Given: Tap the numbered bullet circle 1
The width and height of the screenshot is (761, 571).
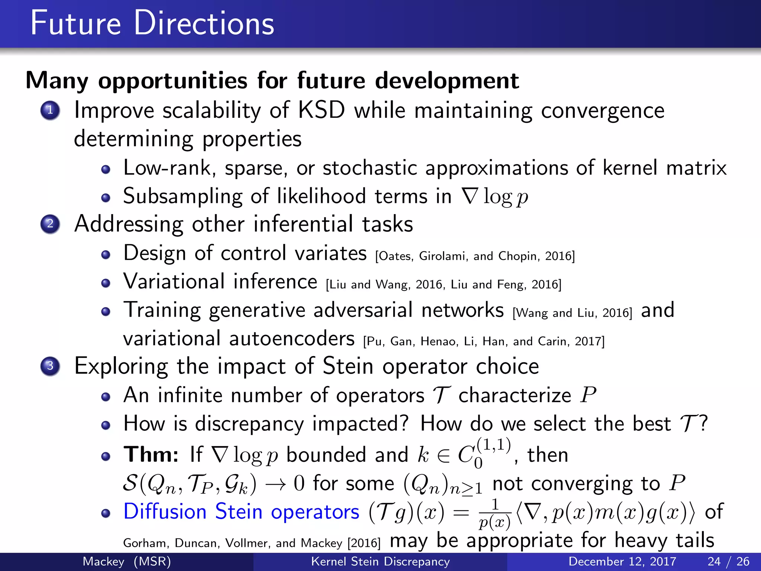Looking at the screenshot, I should point(50,110).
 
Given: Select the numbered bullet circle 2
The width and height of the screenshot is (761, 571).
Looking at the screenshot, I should point(50,224).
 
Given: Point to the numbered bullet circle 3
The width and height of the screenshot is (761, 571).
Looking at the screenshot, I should point(50,366).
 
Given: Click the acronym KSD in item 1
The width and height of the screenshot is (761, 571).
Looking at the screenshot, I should point(322,110).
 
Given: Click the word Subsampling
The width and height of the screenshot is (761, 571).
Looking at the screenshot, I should point(182,197).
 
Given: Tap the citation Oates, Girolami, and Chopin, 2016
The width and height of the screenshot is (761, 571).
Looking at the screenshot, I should point(475,256).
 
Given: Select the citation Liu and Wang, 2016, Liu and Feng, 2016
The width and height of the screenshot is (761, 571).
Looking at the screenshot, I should point(444,285).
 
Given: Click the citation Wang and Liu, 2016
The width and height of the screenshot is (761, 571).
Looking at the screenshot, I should point(572,313).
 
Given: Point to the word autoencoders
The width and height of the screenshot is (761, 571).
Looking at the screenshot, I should point(292,339).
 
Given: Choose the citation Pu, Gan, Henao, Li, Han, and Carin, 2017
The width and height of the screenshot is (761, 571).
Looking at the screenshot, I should point(484,341).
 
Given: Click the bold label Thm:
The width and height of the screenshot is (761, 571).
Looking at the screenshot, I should point(151,455).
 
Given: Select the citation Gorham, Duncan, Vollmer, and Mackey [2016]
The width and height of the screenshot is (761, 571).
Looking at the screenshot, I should point(252,543).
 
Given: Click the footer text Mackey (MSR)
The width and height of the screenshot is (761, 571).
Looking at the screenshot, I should point(127,561).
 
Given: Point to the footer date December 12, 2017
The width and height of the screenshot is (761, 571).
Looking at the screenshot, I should point(622,561).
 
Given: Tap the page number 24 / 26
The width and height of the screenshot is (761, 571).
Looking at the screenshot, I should point(728,561).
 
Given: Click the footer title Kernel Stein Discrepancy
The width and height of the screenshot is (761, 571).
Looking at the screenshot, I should point(380,561).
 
